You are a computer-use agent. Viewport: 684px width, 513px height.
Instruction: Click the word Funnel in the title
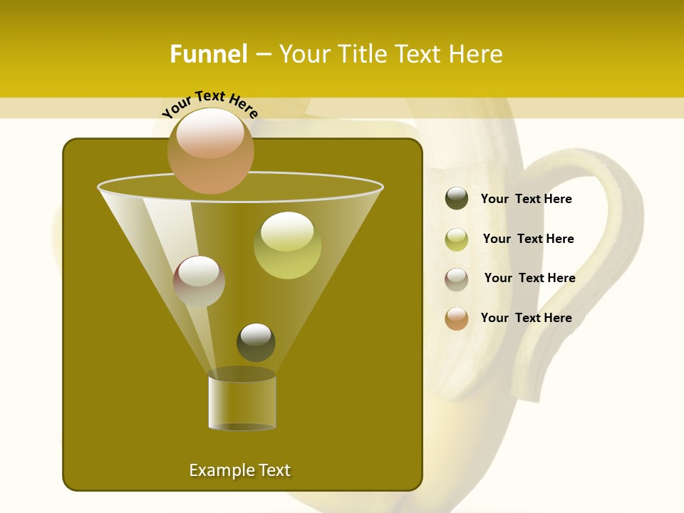[209, 54]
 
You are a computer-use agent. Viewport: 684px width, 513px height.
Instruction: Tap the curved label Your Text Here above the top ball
[210, 105]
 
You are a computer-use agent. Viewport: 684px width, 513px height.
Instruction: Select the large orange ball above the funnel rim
[210, 150]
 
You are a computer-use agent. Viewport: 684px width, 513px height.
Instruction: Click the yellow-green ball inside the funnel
[287, 245]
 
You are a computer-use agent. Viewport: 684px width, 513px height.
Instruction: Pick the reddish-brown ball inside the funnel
[199, 281]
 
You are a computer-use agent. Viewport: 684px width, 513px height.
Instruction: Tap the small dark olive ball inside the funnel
[256, 342]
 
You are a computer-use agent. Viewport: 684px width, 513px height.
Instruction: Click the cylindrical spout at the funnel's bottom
[242, 403]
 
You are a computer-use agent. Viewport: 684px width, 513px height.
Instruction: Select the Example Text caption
[239, 470]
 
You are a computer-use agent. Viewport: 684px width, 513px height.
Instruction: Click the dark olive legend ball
[457, 199]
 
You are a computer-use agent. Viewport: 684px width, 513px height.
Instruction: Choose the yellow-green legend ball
[457, 239]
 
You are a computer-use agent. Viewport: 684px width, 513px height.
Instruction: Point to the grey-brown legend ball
[457, 279]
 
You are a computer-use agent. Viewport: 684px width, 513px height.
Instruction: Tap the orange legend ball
[457, 318]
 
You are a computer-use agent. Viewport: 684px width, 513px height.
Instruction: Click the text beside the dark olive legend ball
[526, 199]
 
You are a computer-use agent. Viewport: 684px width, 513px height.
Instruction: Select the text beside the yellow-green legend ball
[528, 239]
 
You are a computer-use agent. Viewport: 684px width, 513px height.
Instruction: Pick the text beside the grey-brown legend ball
[529, 279]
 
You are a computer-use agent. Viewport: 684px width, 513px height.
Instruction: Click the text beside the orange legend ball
[526, 318]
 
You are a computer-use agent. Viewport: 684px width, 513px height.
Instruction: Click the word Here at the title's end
[475, 54]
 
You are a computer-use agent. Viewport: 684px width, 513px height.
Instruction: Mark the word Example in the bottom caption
[220, 470]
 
